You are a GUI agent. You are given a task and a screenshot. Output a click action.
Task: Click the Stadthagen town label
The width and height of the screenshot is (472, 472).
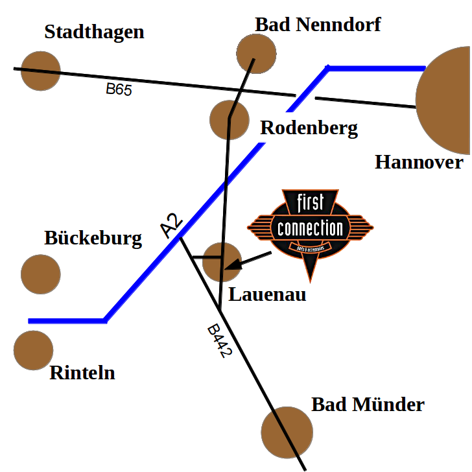(x=94, y=32)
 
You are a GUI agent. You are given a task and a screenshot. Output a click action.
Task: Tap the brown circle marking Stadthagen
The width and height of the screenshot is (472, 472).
(x=40, y=70)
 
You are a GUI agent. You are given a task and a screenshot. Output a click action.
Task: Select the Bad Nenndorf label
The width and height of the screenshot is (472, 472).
(x=318, y=25)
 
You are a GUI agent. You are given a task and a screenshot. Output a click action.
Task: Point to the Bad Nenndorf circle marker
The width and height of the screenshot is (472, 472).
(x=256, y=53)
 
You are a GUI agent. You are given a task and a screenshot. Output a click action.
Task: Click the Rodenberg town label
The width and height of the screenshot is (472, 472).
(x=309, y=128)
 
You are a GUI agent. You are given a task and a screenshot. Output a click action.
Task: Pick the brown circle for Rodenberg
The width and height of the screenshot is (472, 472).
(x=230, y=119)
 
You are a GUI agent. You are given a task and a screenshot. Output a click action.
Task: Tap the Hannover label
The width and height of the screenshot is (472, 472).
(x=419, y=161)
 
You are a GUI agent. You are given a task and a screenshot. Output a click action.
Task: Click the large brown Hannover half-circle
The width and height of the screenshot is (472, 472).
(x=447, y=97)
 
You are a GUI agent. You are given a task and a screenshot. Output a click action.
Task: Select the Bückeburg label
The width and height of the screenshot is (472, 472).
(x=93, y=238)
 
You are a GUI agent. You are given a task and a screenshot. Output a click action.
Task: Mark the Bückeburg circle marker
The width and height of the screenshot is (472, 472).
(x=41, y=274)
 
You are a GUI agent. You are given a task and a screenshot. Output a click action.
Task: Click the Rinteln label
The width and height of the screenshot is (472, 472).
(x=82, y=373)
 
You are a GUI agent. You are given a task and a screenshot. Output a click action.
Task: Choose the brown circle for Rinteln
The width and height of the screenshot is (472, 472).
(x=33, y=350)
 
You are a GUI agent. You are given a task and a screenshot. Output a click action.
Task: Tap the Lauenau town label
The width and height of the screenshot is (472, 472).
(x=268, y=295)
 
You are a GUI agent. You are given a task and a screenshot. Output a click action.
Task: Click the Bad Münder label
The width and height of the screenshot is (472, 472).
(x=367, y=405)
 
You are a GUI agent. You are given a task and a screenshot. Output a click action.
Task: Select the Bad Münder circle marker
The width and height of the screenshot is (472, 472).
(x=287, y=432)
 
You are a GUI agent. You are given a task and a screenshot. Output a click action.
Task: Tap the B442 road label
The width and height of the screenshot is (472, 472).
(x=219, y=342)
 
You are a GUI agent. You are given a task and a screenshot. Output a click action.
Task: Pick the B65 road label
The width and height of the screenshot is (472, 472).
(x=119, y=89)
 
